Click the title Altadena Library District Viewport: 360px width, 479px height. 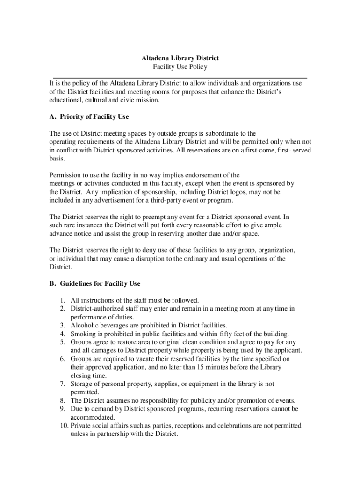coord(180,58)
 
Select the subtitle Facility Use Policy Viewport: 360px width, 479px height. coord(180,67)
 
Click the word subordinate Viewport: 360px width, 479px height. coord(216,133)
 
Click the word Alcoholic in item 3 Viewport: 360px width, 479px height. coord(85,325)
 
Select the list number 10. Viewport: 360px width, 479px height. coord(63,426)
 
